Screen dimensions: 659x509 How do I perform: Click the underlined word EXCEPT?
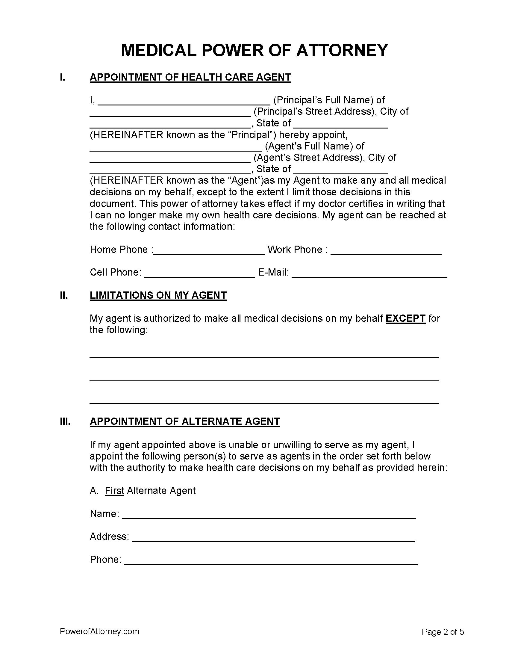tap(405, 318)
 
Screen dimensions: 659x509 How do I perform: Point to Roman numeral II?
tap(63, 295)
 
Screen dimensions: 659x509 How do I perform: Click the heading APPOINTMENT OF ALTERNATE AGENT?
tap(185, 421)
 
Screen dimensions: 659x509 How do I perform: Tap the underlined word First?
tap(114, 491)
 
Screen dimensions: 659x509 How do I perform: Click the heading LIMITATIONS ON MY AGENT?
tap(158, 295)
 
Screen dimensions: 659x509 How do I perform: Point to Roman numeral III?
tap(65, 421)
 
